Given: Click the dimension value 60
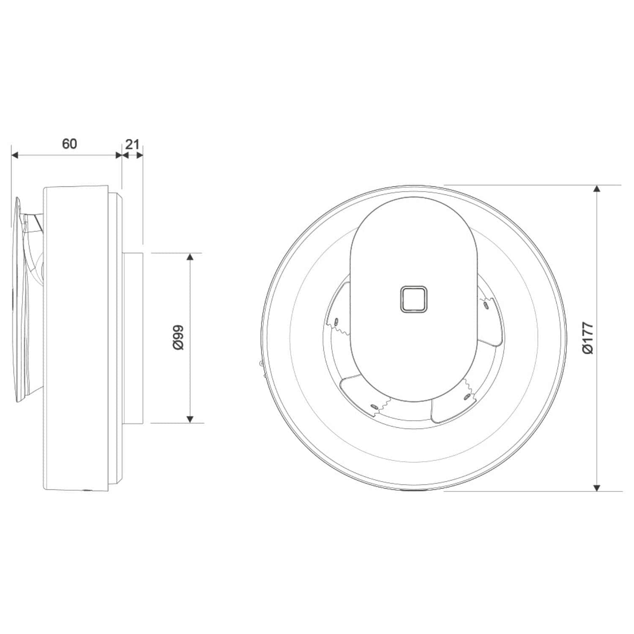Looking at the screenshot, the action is point(70,144).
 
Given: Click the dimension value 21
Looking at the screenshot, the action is point(132,144).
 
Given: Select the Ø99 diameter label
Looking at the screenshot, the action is point(178,337).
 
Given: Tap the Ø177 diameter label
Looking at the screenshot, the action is point(588,338).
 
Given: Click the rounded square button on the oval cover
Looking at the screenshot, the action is point(413,299).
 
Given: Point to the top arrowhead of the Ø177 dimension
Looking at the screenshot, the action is point(596,189).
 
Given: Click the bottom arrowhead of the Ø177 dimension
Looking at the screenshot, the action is point(596,487).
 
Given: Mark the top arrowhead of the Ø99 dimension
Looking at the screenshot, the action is point(190,257).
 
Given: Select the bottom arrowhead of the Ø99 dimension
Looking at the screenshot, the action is point(190,419).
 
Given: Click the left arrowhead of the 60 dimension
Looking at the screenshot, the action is point(15,156).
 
